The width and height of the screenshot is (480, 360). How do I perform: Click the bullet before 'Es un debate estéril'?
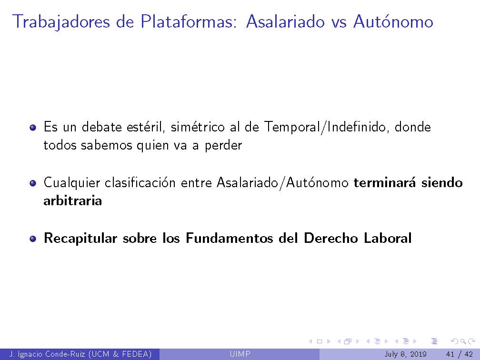tap(33, 128)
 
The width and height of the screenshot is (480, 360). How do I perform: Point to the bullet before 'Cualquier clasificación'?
tap(33, 183)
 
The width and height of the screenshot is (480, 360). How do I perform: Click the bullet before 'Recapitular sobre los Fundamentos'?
tap(33, 239)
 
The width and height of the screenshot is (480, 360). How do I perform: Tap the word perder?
tap(223, 145)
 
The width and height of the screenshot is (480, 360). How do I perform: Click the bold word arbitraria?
tap(72, 200)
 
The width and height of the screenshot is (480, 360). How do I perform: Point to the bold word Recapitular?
tap(80, 238)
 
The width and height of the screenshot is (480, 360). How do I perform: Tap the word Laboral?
tap(388, 238)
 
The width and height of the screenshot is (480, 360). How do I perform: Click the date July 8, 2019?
tap(405, 354)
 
